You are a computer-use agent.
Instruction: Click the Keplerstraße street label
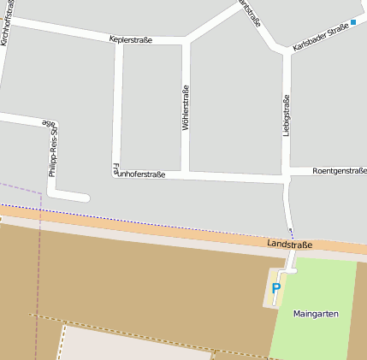point(131,39)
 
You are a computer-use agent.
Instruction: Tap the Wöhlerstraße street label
point(185,108)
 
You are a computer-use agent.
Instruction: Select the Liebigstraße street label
point(286,115)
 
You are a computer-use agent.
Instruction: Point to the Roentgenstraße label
point(340,171)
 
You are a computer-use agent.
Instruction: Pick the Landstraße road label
point(289,245)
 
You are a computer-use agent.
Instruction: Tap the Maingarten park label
point(316,314)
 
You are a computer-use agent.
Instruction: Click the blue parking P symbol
point(275,289)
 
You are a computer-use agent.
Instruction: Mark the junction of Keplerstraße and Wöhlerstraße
point(185,40)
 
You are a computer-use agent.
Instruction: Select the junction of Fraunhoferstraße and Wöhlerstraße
point(185,174)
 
